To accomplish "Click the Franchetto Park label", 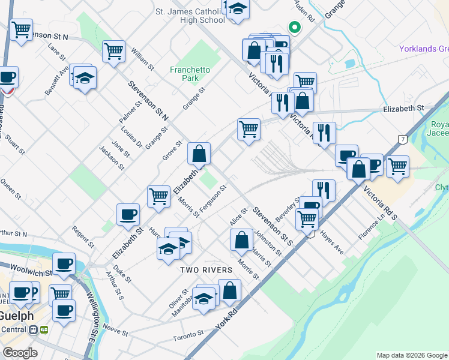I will [190, 74].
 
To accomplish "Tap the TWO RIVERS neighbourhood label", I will [206, 271].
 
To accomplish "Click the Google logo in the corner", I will [20, 353].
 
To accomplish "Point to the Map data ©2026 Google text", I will [412, 355].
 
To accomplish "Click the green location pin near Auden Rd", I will [294, 27].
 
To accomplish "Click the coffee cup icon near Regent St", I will [128, 214].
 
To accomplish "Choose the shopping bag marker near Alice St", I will [241, 239].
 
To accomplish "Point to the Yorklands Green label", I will [424, 49].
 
